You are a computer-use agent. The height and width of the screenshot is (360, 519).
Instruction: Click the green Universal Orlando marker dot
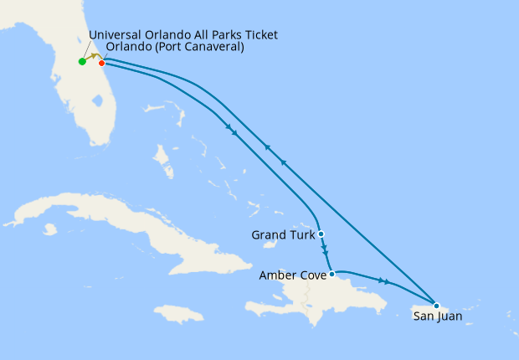point(82,61)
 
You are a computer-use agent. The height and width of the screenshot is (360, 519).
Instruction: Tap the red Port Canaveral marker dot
point(101,62)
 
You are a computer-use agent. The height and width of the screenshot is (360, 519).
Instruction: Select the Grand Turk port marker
point(321,234)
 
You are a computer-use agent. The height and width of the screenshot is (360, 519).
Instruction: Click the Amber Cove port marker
point(332,274)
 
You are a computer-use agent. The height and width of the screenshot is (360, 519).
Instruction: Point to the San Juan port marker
point(436,305)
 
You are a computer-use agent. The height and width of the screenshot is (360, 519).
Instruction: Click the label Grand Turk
point(283,235)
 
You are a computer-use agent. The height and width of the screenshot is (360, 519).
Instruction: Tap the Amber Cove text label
point(292,275)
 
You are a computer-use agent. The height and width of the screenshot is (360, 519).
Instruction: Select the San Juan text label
point(438,316)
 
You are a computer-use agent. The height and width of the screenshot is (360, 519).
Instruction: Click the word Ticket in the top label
point(258,34)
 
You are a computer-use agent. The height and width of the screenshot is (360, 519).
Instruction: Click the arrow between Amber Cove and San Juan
point(384,281)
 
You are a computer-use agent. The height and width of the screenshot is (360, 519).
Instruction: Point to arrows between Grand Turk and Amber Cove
point(325,251)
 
